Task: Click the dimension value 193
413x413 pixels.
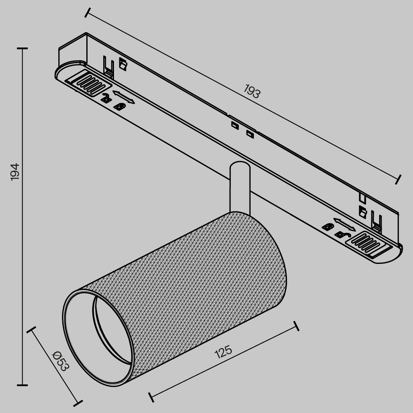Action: pyautogui.click(x=252, y=91)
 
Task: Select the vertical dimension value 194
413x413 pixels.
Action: pyautogui.click(x=14, y=171)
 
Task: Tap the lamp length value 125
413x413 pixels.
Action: pyautogui.click(x=223, y=351)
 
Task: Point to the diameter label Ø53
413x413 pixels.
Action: pyautogui.click(x=60, y=361)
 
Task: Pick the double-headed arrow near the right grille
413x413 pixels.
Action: pyautogui.click(x=344, y=224)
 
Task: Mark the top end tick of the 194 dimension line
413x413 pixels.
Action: pyautogui.click(x=22, y=48)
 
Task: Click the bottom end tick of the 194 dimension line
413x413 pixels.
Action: pyautogui.click(x=22, y=385)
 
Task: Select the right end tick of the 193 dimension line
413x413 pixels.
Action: pyautogui.click(x=398, y=179)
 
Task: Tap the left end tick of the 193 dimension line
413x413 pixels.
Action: pyautogui.click(x=86, y=12)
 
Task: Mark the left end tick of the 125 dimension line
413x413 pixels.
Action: pyautogui.click(x=151, y=396)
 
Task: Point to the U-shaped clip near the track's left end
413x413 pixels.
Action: pyautogui.click(x=109, y=66)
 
